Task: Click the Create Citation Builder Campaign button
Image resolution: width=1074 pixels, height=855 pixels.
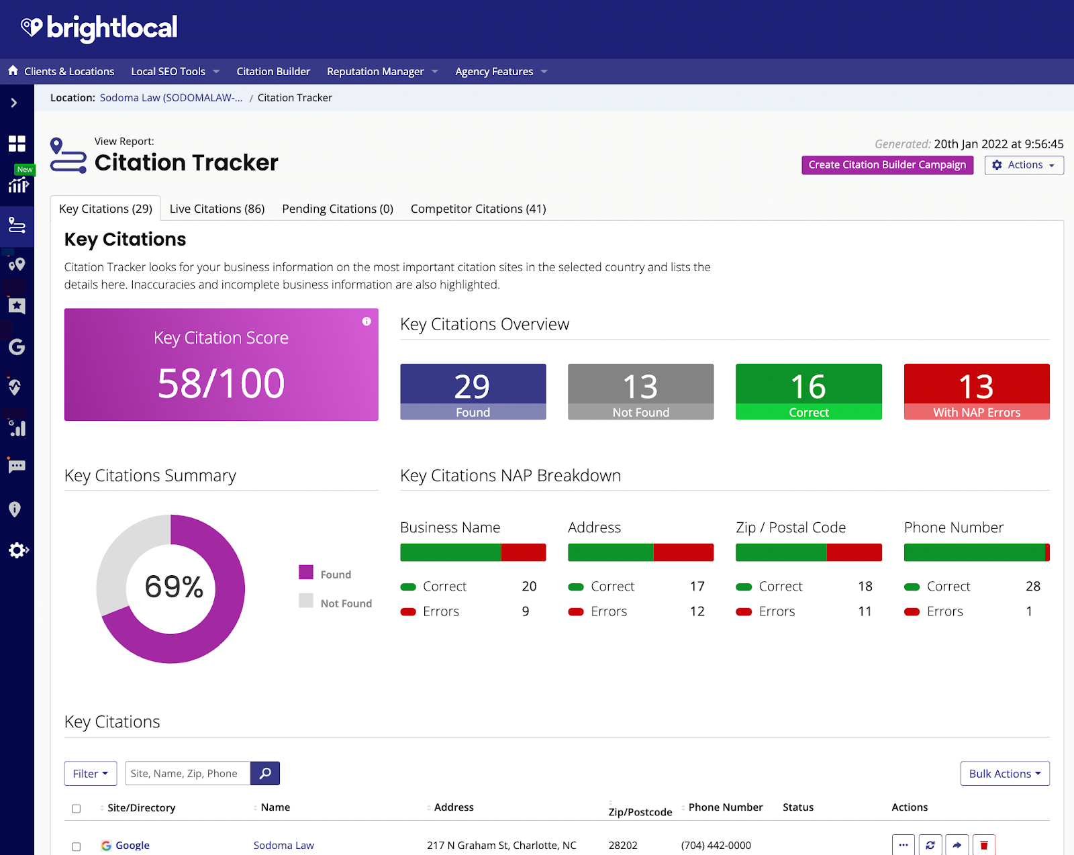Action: click(x=887, y=165)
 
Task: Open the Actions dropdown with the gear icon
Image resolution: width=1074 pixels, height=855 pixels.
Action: click(x=1024, y=165)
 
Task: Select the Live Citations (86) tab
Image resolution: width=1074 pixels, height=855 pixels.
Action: click(x=217, y=209)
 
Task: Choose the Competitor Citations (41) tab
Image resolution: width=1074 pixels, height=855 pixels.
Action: click(x=478, y=209)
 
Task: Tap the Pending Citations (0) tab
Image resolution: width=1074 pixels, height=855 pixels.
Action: click(x=338, y=209)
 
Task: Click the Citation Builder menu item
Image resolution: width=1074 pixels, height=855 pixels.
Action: click(x=273, y=71)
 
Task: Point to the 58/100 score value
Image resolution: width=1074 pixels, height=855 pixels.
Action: click(x=221, y=383)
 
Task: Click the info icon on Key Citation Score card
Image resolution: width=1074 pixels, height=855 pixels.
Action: click(x=367, y=321)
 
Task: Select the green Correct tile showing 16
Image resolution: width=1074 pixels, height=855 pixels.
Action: click(x=808, y=391)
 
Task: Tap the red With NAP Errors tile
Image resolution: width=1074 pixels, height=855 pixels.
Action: click(x=976, y=391)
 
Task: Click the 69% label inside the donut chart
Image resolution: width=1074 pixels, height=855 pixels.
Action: click(x=174, y=587)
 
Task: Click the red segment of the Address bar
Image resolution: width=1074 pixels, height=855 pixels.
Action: click(x=683, y=552)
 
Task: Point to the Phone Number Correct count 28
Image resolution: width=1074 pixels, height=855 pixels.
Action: click(x=1032, y=587)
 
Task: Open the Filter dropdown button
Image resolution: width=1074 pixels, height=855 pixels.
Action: click(x=91, y=773)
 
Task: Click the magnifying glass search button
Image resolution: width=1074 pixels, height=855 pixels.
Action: click(x=265, y=773)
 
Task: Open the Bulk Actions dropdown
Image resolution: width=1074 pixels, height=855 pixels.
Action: click(x=1004, y=773)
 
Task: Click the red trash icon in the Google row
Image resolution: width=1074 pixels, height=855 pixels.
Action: click(x=983, y=845)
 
